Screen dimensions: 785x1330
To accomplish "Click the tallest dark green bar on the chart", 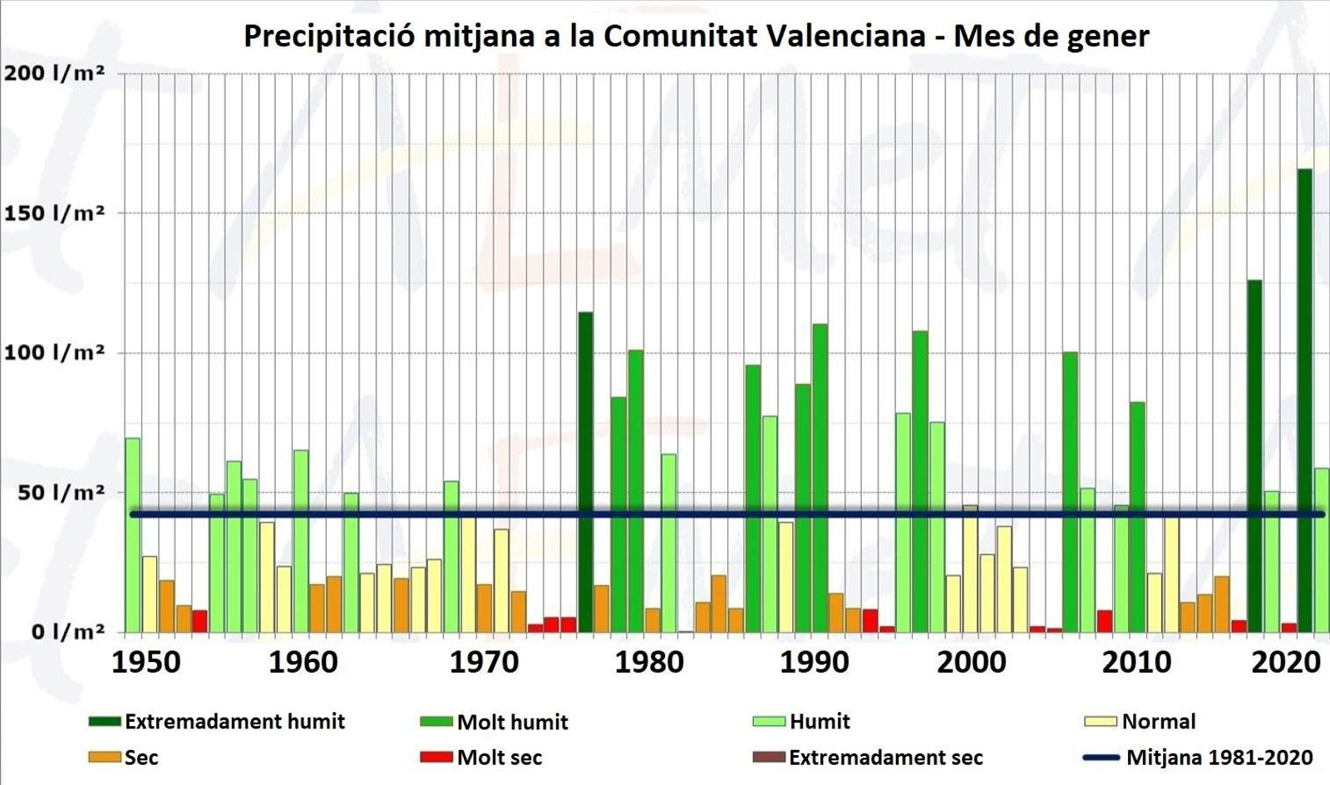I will pyautogui.click(x=1304, y=399).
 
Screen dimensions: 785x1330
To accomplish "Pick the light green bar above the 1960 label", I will pyautogui.click(x=301, y=540).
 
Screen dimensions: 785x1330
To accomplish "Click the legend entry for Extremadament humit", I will pyautogui.click(x=217, y=721).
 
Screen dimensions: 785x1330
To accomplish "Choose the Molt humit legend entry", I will pyautogui.click(x=495, y=722).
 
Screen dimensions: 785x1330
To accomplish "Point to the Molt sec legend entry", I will pyautogui.click(x=482, y=758).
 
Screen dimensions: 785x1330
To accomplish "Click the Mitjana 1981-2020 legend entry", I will pyautogui.click(x=1199, y=758).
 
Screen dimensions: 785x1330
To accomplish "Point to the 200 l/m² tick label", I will pyautogui.click(x=55, y=73).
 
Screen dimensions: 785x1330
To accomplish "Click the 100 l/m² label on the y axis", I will pyautogui.click(x=55, y=352).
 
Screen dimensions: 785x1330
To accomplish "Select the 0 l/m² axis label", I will pyautogui.click(x=55, y=632).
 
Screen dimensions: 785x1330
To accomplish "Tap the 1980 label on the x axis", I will pyautogui.click(x=649, y=662).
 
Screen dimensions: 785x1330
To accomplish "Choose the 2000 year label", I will pyautogui.click(x=971, y=662).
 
